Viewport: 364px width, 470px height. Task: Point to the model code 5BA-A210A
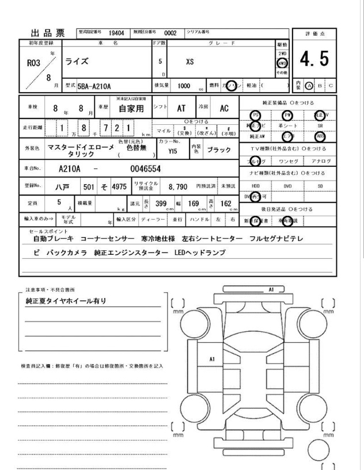coord(93,86)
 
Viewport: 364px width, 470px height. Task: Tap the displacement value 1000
coord(183,85)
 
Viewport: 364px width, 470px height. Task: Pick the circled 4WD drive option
coord(282,64)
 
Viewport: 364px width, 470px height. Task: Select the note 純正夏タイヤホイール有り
coord(67,301)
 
